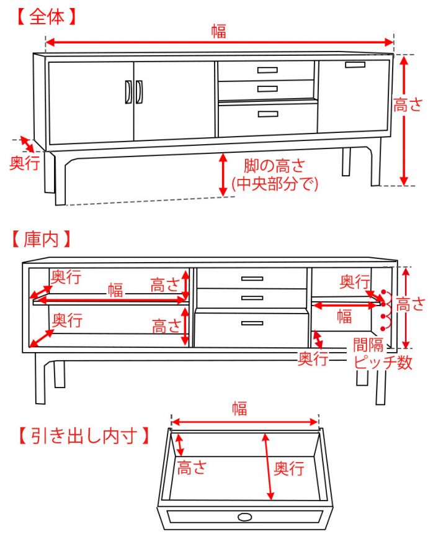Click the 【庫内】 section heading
click(x=42, y=238)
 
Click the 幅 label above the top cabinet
click(x=218, y=32)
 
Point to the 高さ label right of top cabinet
click(x=409, y=106)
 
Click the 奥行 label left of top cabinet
click(x=25, y=163)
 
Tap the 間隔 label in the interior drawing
click(x=368, y=345)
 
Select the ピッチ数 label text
click(x=383, y=363)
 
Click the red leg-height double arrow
click(x=223, y=175)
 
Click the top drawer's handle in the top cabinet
click(x=267, y=70)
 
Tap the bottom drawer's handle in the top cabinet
click(x=267, y=114)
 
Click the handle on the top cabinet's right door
click(x=355, y=65)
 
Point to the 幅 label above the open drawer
click(x=239, y=409)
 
